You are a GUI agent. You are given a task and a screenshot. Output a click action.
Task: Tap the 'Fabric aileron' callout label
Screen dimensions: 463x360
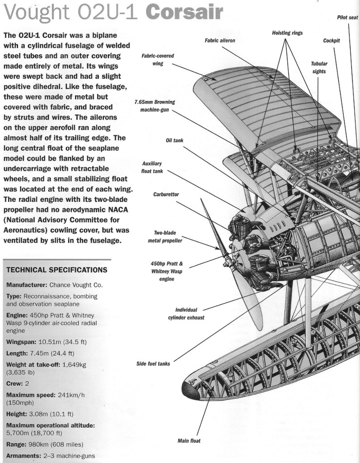(220, 40)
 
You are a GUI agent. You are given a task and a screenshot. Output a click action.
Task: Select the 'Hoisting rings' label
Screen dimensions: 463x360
(287, 33)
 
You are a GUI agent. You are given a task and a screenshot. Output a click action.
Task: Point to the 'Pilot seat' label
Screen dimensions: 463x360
(347, 18)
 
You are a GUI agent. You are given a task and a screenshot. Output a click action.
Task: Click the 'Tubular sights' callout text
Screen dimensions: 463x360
(319, 67)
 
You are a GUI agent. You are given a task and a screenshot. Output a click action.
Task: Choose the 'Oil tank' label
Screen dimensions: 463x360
(174, 140)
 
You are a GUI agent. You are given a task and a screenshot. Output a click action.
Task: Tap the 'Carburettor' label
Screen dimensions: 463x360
(166, 194)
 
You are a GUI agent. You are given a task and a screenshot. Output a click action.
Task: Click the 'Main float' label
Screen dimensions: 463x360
(189, 440)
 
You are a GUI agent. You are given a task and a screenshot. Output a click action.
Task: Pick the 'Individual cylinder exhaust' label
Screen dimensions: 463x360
(186, 314)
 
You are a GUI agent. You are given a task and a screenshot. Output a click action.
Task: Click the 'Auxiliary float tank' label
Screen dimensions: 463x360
(152, 167)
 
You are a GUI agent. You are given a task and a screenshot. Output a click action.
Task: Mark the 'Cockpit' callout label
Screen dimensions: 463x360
(332, 41)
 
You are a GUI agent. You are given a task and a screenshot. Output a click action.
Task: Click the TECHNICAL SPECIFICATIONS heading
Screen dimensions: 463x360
(57, 270)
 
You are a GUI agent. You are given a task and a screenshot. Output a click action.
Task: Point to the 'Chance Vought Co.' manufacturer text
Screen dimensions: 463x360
(79, 285)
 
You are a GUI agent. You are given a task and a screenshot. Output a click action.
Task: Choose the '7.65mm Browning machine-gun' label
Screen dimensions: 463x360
(155, 106)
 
